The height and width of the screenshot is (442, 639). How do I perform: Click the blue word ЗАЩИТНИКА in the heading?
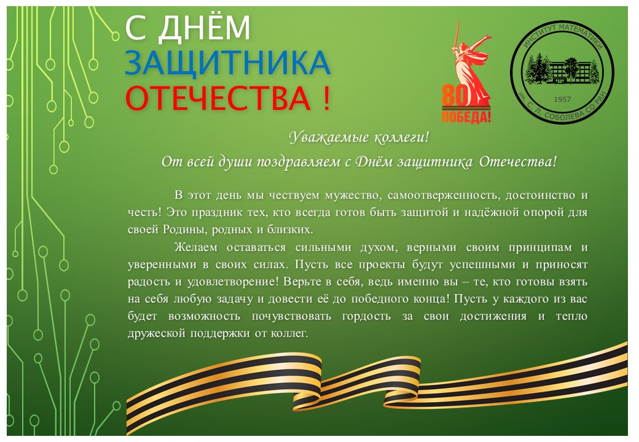[227, 63]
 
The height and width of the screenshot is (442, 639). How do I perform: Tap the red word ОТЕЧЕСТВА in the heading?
[218, 98]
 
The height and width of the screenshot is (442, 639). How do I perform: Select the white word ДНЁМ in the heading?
[203, 27]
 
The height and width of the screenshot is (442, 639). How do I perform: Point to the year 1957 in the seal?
[562, 99]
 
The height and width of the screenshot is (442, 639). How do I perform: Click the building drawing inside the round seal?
[563, 69]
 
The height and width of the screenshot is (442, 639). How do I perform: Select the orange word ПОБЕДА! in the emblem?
[466, 117]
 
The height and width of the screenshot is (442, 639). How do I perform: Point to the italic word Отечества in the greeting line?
[517, 162]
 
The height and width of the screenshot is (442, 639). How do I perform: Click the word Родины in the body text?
[185, 230]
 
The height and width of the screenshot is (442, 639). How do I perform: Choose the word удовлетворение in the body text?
[233, 282]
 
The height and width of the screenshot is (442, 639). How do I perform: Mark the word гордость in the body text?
[366, 317]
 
